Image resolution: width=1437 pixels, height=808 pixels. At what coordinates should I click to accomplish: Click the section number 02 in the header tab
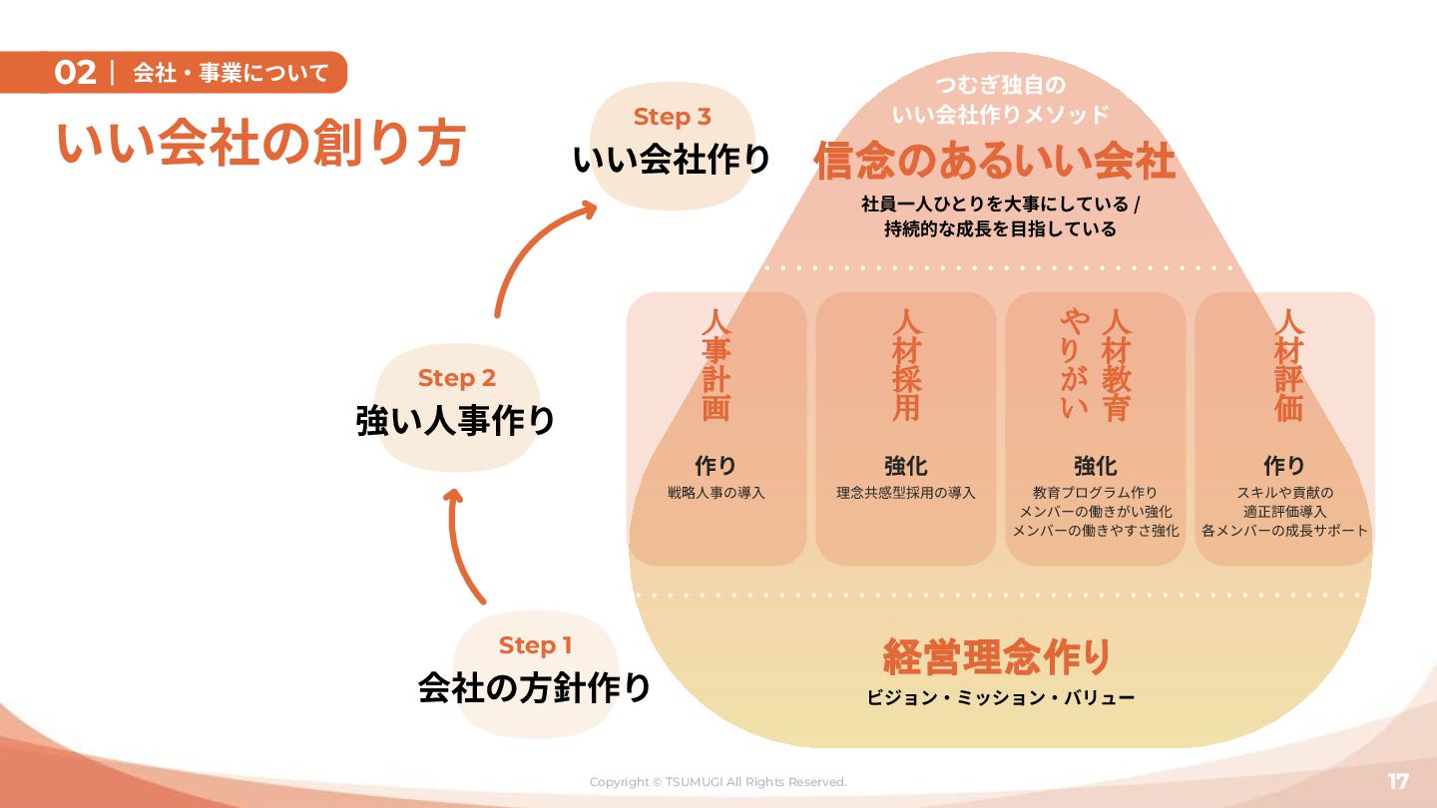[75, 73]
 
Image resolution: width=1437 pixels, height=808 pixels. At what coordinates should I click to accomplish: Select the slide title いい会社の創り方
[260, 144]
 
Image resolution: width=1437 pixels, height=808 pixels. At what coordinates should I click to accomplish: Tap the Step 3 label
[672, 117]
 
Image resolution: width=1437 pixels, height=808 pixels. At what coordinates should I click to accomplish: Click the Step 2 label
[456, 378]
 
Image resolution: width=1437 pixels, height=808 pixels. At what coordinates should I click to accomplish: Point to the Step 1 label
[535, 645]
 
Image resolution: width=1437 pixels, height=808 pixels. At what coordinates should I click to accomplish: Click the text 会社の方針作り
[534, 688]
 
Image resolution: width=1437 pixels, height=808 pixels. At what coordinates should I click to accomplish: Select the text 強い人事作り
[455, 421]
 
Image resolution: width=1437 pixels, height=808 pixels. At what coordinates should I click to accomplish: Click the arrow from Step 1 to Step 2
[461, 544]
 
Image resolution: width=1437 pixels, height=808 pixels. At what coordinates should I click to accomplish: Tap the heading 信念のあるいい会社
[995, 162]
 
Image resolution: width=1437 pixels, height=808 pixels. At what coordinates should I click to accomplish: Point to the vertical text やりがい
[1074, 364]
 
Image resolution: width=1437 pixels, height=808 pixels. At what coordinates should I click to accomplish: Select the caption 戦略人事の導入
[717, 493]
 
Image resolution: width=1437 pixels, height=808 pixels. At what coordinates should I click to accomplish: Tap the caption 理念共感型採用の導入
[906, 493]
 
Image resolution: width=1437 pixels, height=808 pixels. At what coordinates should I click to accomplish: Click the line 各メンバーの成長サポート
[1285, 531]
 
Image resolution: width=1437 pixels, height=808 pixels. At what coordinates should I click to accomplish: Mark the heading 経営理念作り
[997, 656]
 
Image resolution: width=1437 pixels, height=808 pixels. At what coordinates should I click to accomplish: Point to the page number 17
[1398, 781]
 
